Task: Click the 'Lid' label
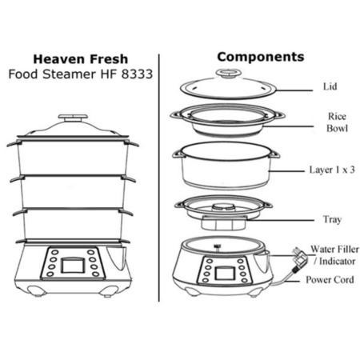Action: [330, 86]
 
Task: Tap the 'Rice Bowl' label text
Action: [337, 122]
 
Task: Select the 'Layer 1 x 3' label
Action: [332, 170]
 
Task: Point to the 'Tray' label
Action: [332, 219]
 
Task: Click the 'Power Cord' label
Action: [330, 279]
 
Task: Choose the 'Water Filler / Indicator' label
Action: [335, 255]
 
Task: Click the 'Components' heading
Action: [261, 57]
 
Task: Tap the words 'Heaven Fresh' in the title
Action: [81, 59]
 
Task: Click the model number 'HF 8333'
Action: [126, 74]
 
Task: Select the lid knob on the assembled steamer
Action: [73, 118]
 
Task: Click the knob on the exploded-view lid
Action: [229, 73]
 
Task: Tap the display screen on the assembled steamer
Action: [73, 266]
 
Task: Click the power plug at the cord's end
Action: [299, 258]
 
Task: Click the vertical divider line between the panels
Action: [159, 178]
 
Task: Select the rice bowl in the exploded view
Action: [227, 121]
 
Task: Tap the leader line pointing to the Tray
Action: [280, 220]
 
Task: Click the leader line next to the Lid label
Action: [294, 90]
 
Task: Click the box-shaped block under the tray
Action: [223, 223]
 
